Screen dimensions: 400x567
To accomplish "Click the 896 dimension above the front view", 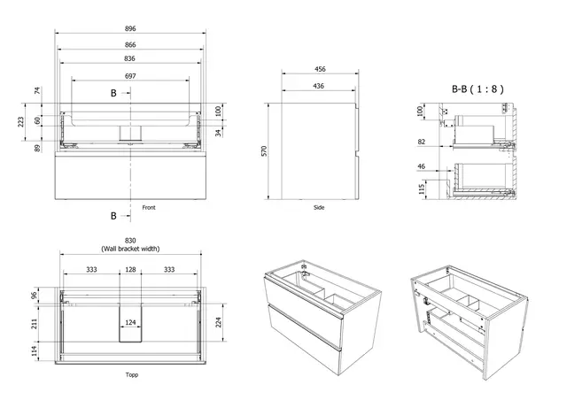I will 130,27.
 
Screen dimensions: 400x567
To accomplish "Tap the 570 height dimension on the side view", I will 264,152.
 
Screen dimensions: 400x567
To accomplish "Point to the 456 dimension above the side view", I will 319,70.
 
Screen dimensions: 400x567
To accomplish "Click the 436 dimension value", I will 319,86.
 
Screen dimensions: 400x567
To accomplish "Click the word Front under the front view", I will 149,207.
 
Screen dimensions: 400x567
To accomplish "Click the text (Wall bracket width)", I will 130,250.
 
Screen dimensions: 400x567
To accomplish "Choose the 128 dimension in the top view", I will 130,270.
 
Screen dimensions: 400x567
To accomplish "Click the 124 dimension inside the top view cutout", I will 130,322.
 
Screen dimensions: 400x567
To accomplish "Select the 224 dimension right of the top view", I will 219,322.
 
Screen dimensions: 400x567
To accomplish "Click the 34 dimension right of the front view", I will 219,134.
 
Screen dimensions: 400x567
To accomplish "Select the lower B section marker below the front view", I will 113,215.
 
